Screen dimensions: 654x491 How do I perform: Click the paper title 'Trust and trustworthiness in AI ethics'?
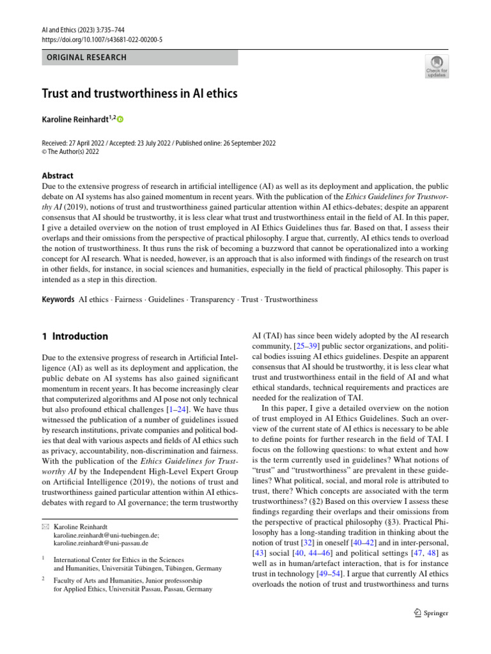(x=139, y=94)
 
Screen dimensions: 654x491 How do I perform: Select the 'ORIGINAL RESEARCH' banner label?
(x=86, y=57)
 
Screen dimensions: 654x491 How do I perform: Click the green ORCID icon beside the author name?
(x=120, y=120)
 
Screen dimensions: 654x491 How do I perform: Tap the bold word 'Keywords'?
(x=58, y=299)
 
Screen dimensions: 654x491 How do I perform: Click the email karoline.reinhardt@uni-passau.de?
(x=101, y=544)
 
